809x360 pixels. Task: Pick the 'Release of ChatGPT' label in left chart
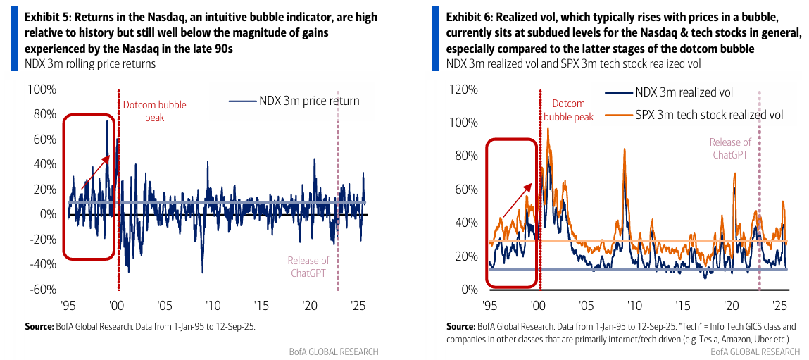coord(308,267)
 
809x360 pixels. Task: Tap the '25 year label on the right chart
coord(779,306)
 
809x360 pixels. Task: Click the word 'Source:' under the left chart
coord(42,326)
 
